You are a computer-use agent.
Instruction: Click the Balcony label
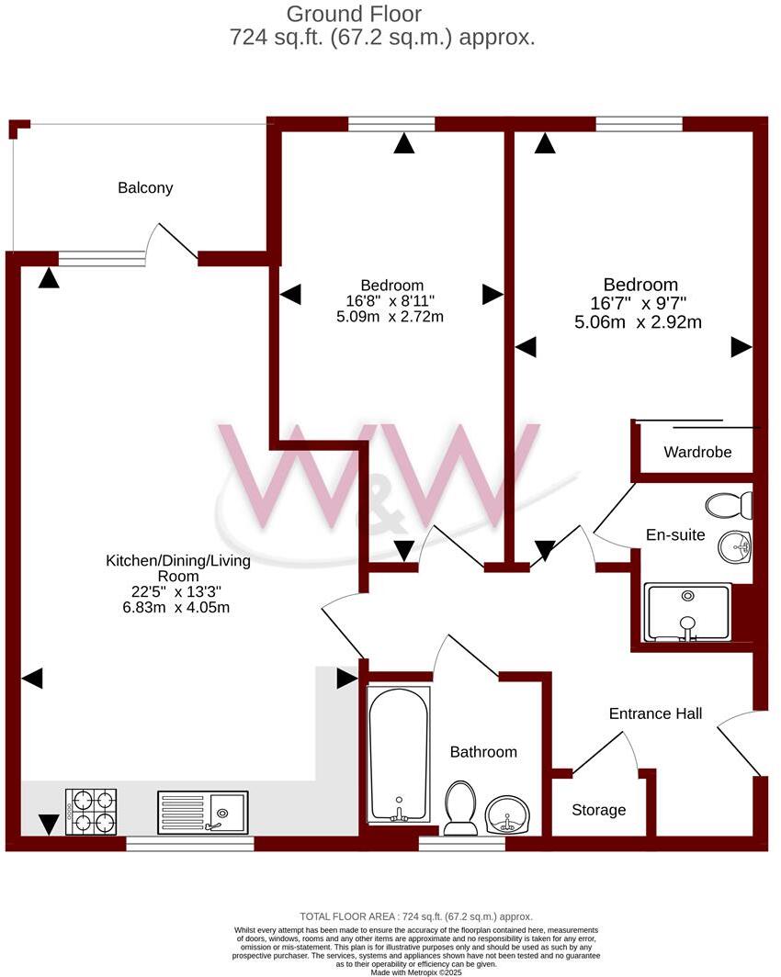[145, 188]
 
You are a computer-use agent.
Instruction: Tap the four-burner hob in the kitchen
[91, 811]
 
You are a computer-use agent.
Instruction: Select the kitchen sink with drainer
[201, 812]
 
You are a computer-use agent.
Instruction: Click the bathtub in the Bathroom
[398, 755]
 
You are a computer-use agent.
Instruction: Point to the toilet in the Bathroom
[459, 808]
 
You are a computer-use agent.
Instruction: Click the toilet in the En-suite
[730, 505]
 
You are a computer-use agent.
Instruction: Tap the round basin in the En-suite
[735, 548]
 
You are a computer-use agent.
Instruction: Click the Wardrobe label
[697, 453]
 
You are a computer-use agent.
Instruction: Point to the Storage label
[598, 810]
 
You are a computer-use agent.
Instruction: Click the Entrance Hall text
[655, 713]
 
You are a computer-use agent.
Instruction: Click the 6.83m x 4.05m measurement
[177, 607]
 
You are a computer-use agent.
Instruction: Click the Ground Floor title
[354, 14]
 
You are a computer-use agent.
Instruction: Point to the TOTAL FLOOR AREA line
[416, 916]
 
